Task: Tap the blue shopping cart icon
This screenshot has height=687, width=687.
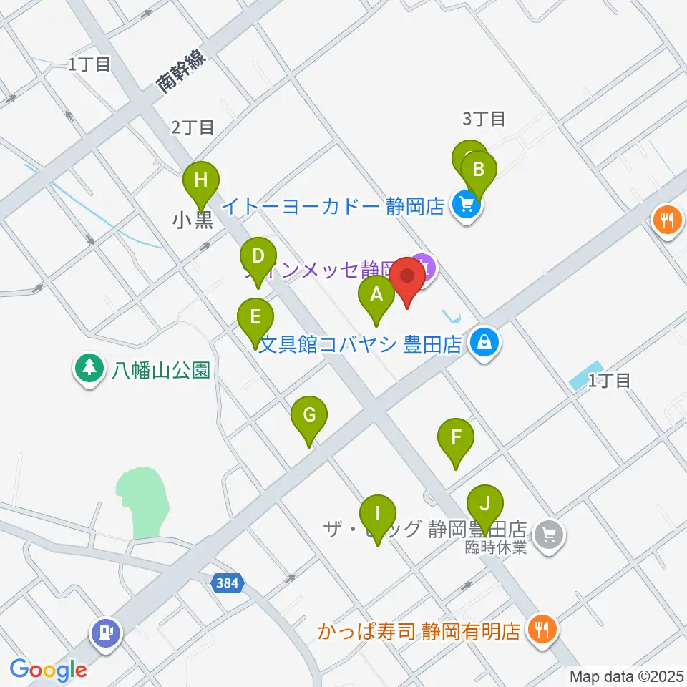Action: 467,207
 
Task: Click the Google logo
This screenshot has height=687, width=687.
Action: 48,670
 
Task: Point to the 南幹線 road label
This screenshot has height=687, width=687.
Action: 182,72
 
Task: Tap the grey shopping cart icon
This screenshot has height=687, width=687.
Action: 550,532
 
